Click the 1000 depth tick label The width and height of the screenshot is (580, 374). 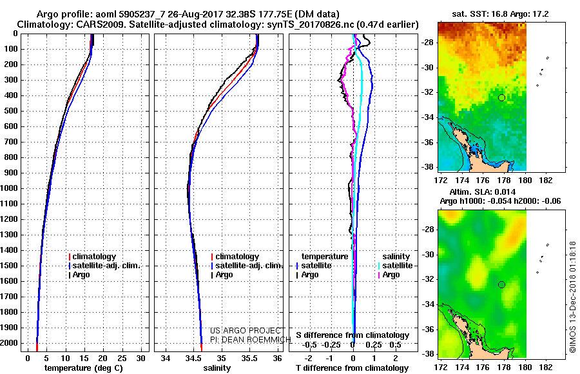[9, 188]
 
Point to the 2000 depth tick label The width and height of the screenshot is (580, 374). [9, 343]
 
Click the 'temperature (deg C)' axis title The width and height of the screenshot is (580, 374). [84, 368]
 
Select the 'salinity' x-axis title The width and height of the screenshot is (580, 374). [217, 368]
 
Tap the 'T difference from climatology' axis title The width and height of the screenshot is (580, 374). [352, 368]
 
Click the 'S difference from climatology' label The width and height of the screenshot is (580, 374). [353, 335]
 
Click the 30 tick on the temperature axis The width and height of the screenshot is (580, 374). [140, 359]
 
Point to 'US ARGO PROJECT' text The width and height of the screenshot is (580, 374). [246, 331]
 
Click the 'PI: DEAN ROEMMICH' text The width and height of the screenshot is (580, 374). [251, 340]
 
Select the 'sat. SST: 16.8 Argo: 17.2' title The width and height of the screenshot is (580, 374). [500, 14]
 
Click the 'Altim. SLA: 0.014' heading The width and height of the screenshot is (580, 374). [482, 192]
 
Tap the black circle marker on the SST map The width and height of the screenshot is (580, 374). [501, 98]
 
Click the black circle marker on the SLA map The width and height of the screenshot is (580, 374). [501, 285]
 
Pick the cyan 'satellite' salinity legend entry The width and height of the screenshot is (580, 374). [396, 266]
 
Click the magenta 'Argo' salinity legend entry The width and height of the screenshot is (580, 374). [389, 275]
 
